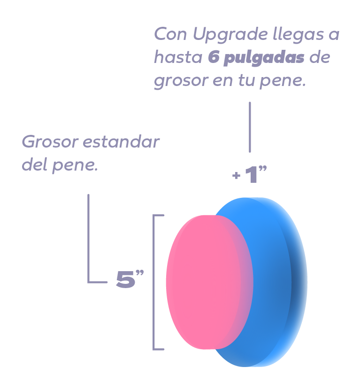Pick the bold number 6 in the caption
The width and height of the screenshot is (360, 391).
click(213, 58)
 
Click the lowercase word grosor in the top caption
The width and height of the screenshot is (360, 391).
click(181, 81)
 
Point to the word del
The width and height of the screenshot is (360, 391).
click(33, 166)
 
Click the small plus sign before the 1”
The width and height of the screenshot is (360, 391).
click(236, 176)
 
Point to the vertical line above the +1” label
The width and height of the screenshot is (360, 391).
click(250, 127)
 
